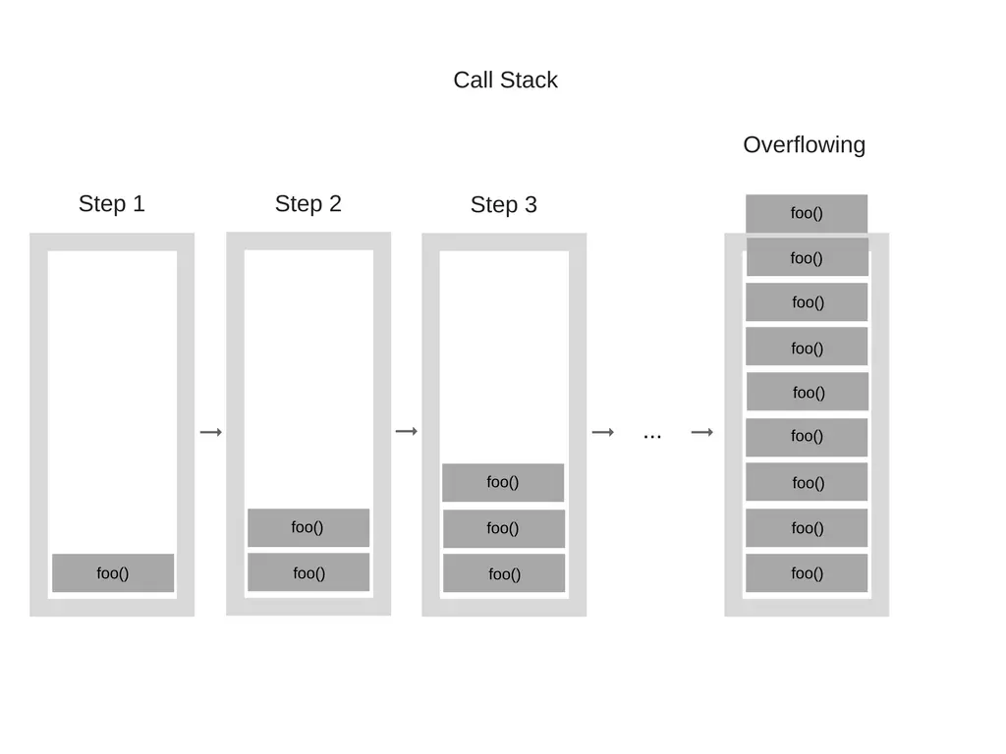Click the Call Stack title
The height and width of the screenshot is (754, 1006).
pos(505,81)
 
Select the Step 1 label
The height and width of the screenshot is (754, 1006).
pos(111,204)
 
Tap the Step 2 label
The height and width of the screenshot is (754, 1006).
pos(307,204)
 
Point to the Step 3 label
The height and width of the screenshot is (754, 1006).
pos(503,205)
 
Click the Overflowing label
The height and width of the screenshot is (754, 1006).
pos(804,145)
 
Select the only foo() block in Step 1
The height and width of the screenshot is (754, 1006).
pos(113,573)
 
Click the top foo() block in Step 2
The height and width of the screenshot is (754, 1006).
pos(308,527)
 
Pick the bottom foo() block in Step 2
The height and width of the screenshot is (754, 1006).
pos(308,573)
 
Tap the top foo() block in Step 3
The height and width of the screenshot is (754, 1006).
pos(503,482)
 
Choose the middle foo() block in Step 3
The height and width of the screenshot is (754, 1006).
pos(503,528)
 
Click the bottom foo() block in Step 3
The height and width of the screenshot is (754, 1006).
pos(504,574)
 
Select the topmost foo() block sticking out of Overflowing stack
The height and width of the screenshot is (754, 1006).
pos(807,213)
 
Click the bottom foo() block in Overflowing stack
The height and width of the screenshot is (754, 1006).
pos(807,573)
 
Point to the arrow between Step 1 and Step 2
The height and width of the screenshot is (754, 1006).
pos(211,432)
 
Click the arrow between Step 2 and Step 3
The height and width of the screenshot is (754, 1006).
pos(407,431)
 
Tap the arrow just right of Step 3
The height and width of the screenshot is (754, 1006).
pos(603,432)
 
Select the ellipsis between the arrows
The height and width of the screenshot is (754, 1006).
pos(652,434)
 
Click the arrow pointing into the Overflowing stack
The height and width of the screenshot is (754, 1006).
pos(701,432)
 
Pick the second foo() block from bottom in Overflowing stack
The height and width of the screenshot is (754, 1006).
pos(807,528)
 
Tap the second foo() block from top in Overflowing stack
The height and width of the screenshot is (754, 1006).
pos(807,258)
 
